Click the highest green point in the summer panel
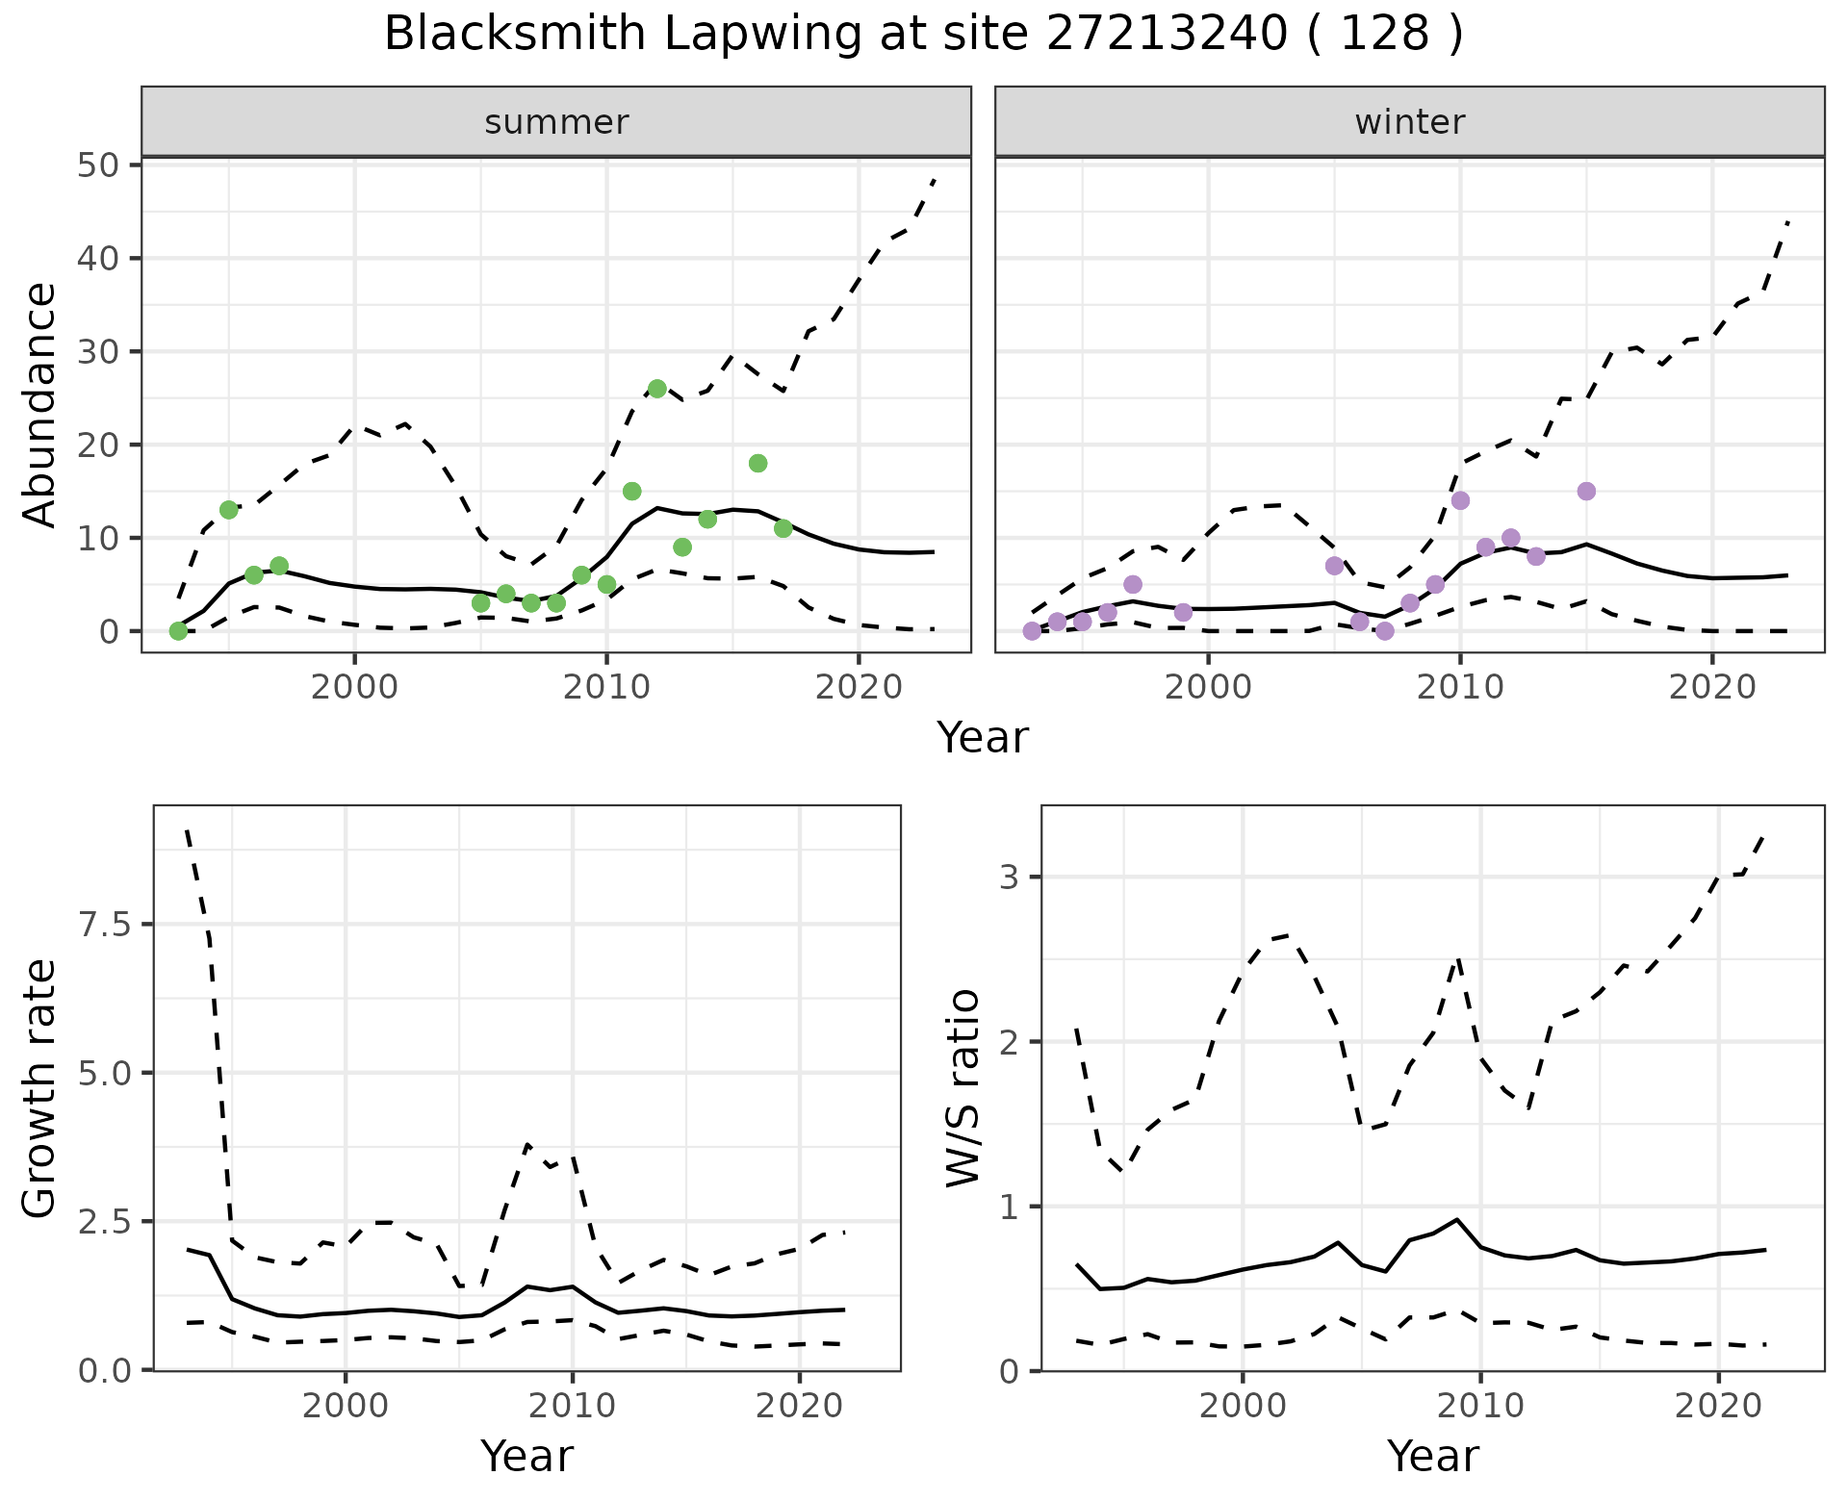click(x=657, y=389)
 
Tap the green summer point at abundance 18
click(x=757, y=463)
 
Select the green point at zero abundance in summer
click(x=178, y=631)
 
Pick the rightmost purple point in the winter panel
click(x=1586, y=491)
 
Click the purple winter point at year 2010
click(x=1460, y=500)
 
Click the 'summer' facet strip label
click(x=556, y=122)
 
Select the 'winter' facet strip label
click(x=1409, y=122)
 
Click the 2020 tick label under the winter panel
click(x=1712, y=687)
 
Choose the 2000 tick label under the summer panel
click(x=354, y=687)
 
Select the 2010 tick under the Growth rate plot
click(x=572, y=1406)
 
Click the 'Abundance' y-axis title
click(x=40, y=404)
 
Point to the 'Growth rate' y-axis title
click(x=40, y=1088)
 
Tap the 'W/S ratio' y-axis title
click(x=962, y=1088)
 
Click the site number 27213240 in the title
click(x=1166, y=35)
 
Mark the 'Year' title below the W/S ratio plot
click(x=1432, y=1456)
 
